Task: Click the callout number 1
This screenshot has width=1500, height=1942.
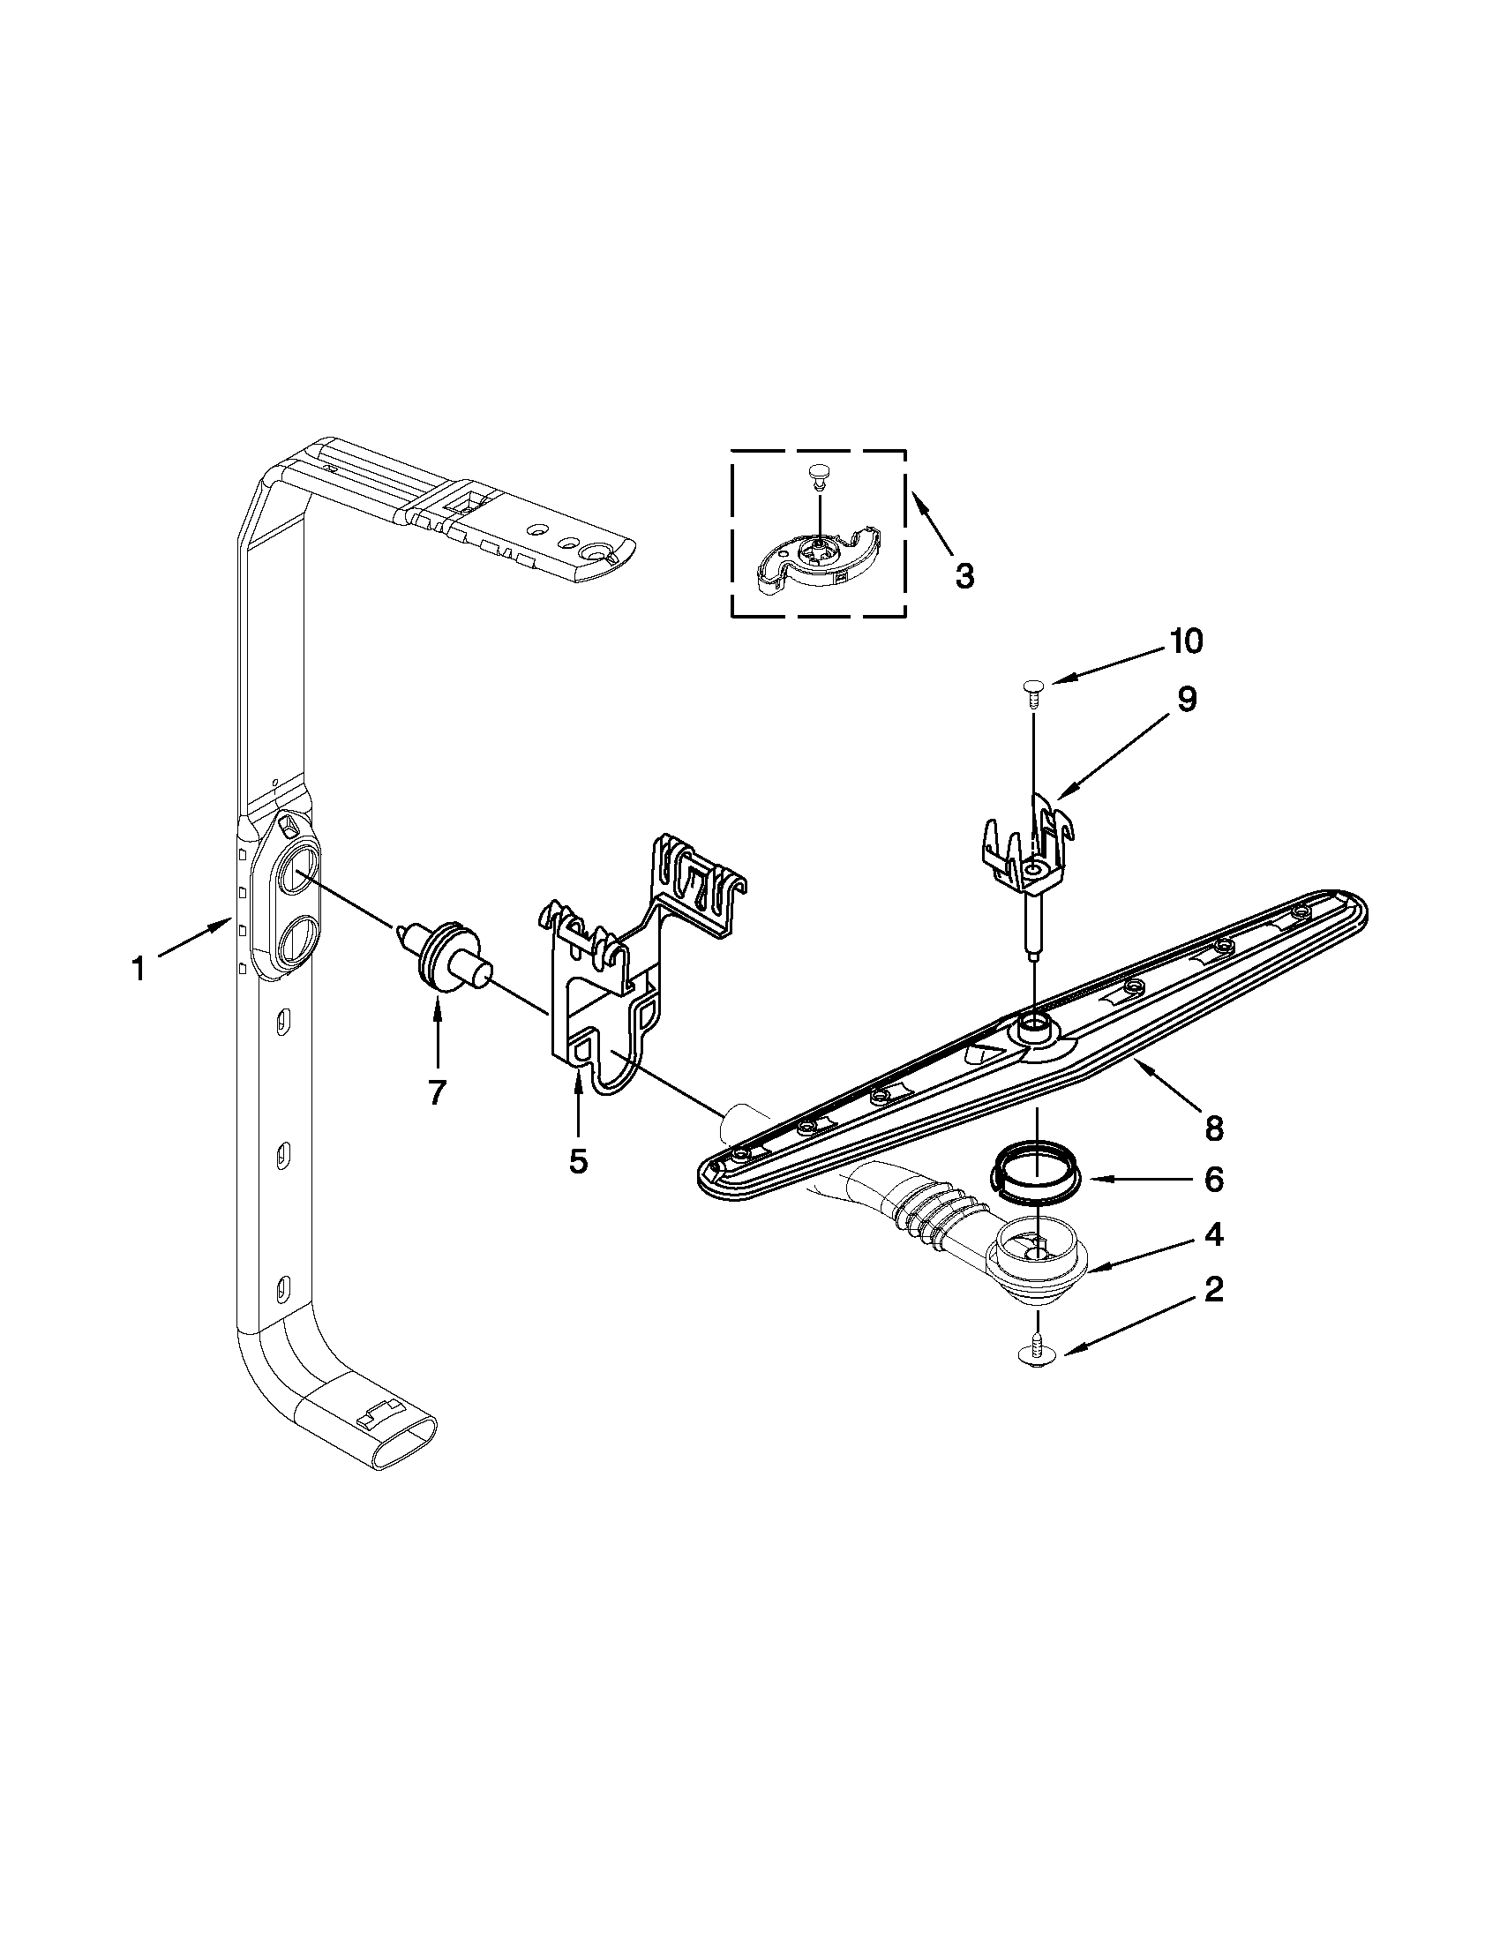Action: click(x=138, y=969)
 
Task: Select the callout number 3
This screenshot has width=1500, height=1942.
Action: click(x=964, y=576)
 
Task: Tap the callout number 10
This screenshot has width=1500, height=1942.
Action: click(x=1185, y=641)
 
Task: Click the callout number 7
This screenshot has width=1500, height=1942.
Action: click(x=437, y=1092)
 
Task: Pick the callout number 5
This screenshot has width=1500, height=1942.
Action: click(x=578, y=1160)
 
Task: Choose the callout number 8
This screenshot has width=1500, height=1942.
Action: click(x=1214, y=1128)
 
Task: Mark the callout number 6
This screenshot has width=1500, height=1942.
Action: click(x=1214, y=1180)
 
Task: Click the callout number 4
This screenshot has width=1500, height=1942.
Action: click(x=1214, y=1234)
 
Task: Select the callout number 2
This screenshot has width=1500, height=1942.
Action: click(x=1214, y=1289)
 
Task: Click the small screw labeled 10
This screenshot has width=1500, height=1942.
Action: click(x=1032, y=690)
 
